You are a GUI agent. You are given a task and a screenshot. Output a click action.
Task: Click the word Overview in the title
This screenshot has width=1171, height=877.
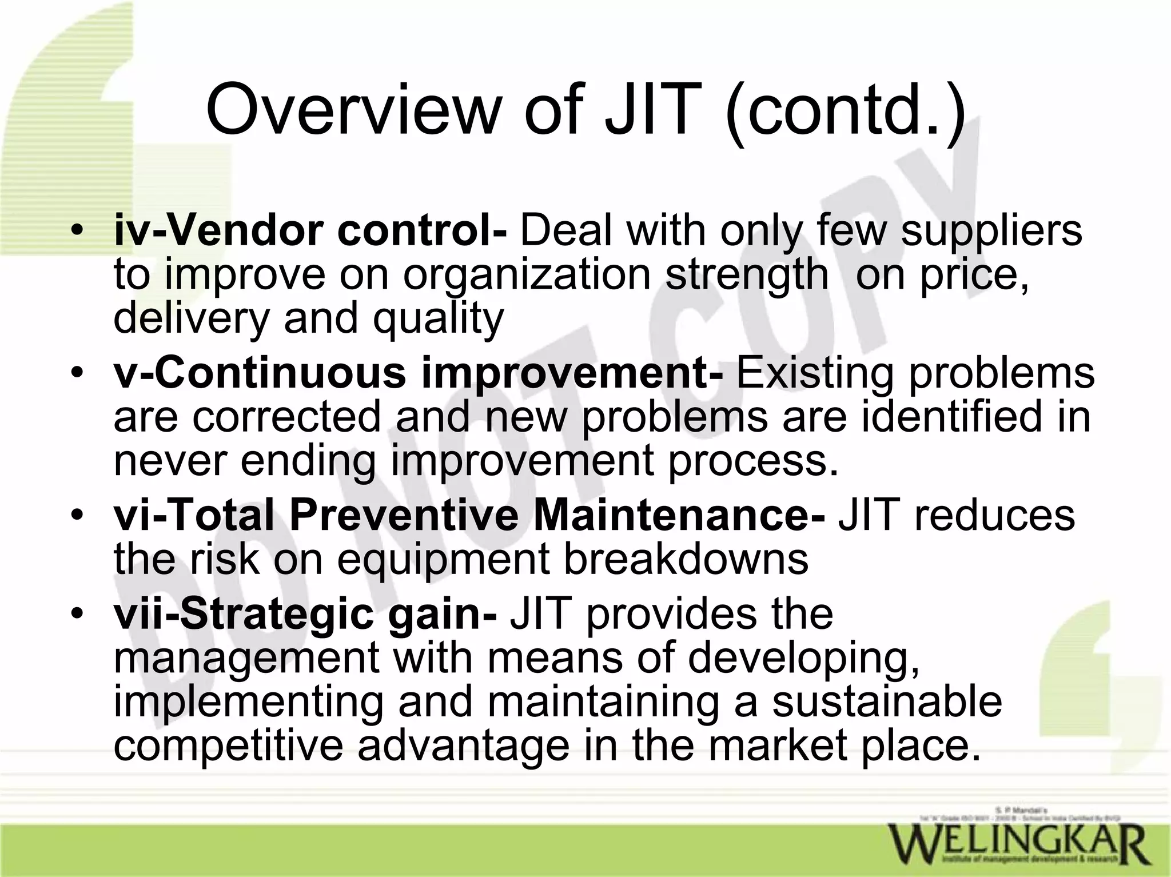coord(352,109)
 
